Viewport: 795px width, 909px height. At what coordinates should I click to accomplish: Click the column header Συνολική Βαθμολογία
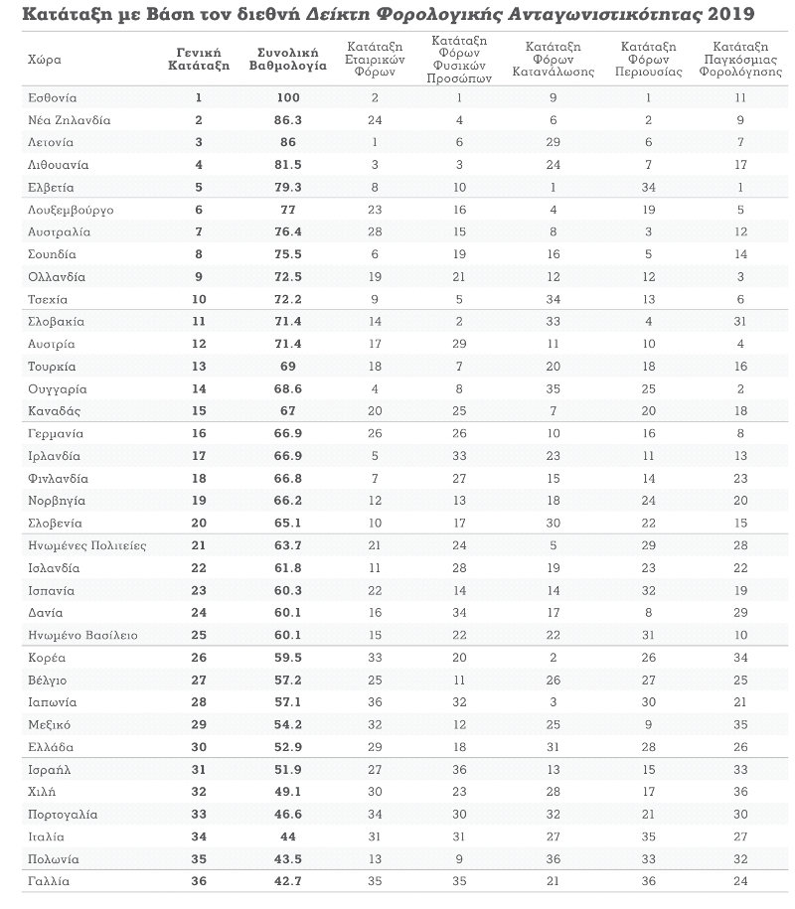pyautogui.click(x=288, y=60)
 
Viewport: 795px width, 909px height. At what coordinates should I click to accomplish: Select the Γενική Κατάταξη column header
pyautogui.click(x=199, y=60)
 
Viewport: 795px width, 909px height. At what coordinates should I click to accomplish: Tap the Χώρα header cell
pyautogui.click(x=45, y=60)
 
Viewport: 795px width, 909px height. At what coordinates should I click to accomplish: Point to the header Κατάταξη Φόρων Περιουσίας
pyautogui.click(x=648, y=60)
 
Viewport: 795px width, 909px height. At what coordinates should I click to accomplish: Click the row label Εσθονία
pyautogui.click(x=53, y=98)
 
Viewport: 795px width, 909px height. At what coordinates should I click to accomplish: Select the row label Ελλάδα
pyautogui.click(x=51, y=747)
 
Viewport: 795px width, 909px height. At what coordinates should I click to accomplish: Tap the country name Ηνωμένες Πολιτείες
pyautogui.click(x=87, y=545)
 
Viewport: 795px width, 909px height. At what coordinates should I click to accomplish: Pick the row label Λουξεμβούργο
pyautogui.click(x=71, y=210)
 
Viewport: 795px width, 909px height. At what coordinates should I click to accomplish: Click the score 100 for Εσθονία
pyautogui.click(x=288, y=98)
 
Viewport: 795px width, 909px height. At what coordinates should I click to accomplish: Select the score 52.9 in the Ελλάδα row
pyautogui.click(x=288, y=747)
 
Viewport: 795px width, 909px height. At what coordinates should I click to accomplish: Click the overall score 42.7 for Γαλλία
pyautogui.click(x=288, y=882)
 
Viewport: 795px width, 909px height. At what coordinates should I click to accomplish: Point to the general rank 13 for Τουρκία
pyautogui.click(x=199, y=367)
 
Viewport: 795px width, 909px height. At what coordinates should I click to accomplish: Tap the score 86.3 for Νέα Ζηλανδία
pyautogui.click(x=288, y=120)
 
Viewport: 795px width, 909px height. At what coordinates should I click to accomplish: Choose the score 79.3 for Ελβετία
pyautogui.click(x=288, y=188)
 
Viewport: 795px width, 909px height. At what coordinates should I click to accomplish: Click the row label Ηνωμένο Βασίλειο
pyautogui.click(x=82, y=636)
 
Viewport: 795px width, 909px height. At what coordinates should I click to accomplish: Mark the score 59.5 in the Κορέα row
pyautogui.click(x=288, y=658)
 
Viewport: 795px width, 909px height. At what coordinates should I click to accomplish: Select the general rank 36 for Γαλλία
pyautogui.click(x=199, y=882)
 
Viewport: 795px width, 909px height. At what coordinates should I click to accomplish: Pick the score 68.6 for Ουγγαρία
pyautogui.click(x=288, y=389)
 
